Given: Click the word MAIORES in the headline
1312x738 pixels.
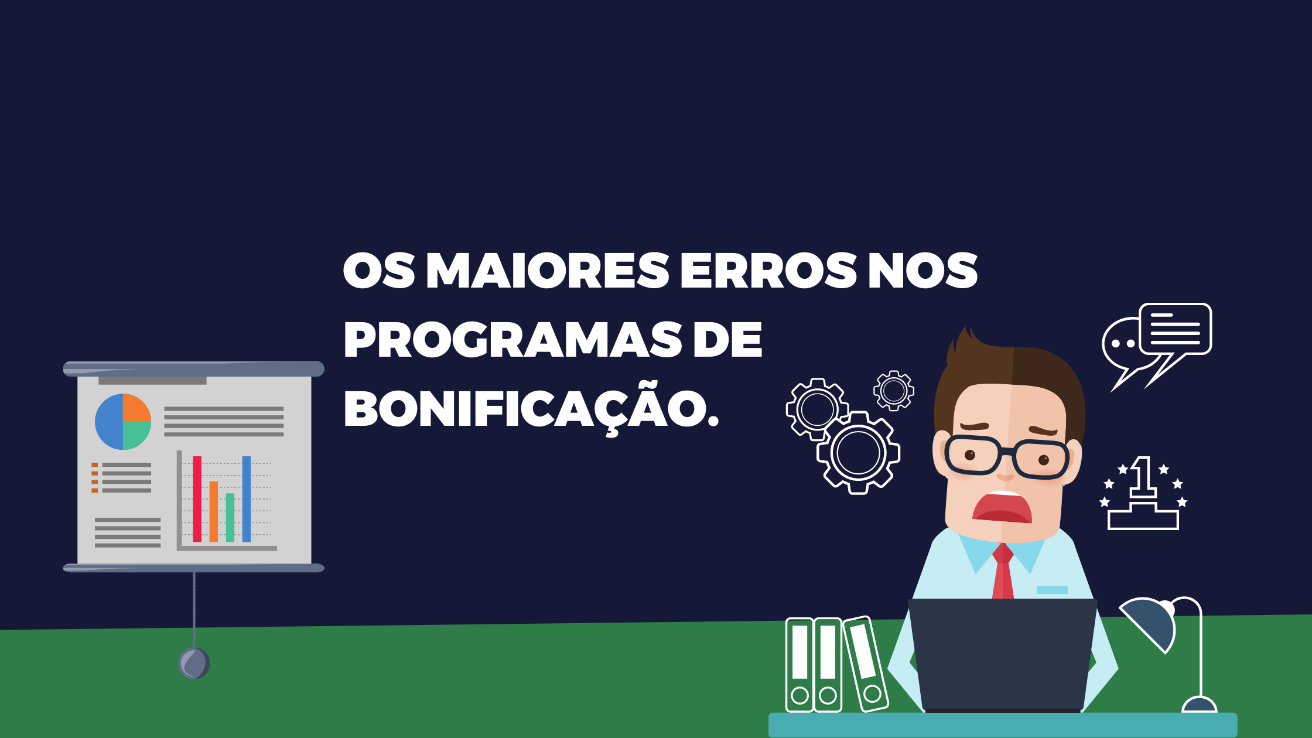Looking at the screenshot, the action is [x=547, y=271].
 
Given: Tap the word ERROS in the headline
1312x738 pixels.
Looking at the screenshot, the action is [x=768, y=271].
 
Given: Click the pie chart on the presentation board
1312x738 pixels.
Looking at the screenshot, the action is [x=123, y=422].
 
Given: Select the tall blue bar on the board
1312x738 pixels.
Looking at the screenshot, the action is [x=247, y=499].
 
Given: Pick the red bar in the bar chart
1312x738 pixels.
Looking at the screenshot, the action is [x=197, y=499].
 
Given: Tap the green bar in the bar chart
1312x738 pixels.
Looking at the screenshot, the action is [x=230, y=518].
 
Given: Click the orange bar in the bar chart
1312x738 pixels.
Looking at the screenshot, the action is [x=214, y=512].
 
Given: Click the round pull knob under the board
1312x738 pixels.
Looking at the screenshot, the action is [x=194, y=664].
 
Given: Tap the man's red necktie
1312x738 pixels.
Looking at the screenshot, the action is [x=1003, y=571].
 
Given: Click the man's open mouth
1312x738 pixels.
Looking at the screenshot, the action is [x=1002, y=507].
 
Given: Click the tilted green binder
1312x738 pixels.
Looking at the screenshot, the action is [x=865, y=664].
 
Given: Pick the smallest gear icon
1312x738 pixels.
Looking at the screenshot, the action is [x=894, y=391].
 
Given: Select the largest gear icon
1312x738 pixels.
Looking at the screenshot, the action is [x=859, y=453].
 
